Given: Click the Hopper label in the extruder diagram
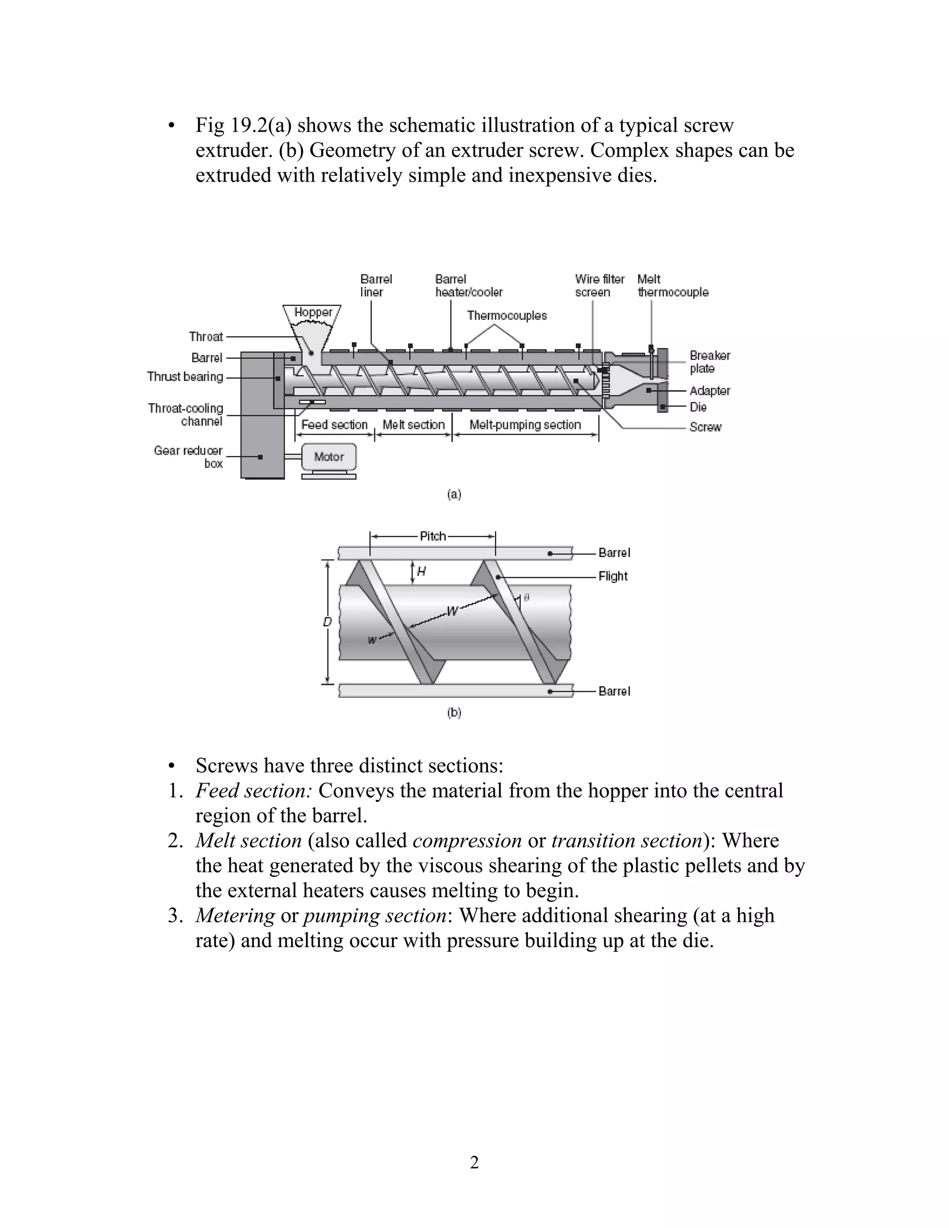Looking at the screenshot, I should click(x=313, y=312).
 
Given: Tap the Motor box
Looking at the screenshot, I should click(x=329, y=456).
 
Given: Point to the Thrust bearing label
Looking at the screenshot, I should click(x=185, y=377).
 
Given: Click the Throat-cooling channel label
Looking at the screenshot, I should click(x=185, y=414).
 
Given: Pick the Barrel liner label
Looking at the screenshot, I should click(x=375, y=285).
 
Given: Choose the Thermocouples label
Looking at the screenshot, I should click(x=506, y=316).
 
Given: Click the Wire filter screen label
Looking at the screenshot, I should click(x=599, y=285).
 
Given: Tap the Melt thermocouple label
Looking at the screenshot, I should click(x=672, y=285).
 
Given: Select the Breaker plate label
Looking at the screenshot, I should click(x=709, y=361).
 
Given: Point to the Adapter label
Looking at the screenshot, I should click(x=709, y=390).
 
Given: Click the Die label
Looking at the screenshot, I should click(x=698, y=406).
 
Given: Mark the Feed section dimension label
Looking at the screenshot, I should click(x=334, y=424).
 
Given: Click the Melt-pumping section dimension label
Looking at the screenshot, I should click(x=525, y=424).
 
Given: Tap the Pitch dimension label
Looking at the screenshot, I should click(x=433, y=536).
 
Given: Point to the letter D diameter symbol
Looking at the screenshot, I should click(x=328, y=622).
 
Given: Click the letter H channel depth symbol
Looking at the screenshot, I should click(x=422, y=572).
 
